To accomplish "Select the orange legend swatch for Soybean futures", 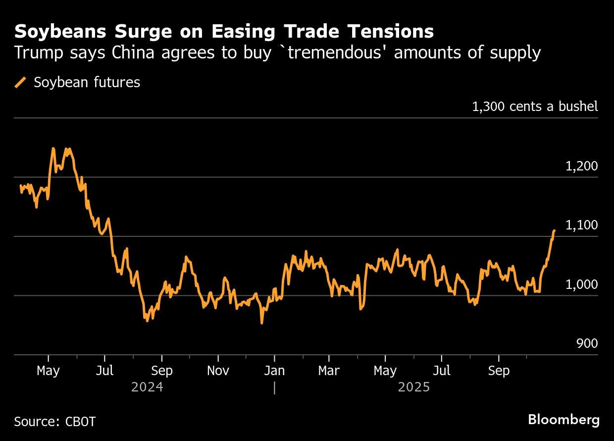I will [21, 82].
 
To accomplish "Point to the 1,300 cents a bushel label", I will [535, 106].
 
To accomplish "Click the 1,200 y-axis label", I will [581, 166].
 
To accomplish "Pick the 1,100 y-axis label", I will [581, 225].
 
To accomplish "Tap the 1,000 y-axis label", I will [581, 284].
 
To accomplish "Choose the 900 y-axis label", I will [587, 343].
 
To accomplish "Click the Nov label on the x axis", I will [218, 371].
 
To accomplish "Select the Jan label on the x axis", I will [274, 371].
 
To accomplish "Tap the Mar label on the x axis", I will [329, 371].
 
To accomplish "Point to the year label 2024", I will [147, 387].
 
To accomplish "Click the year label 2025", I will [414, 387].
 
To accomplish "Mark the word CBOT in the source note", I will [80, 422].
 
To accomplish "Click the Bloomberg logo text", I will [563, 420].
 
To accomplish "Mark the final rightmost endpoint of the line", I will [554, 230].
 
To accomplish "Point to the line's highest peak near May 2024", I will [53, 148].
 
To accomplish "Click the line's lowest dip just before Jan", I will [261, 323].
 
